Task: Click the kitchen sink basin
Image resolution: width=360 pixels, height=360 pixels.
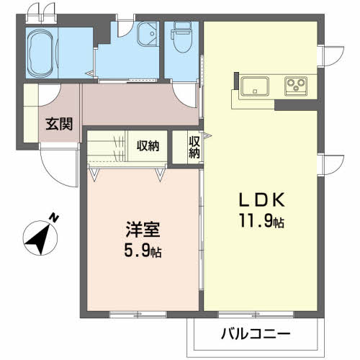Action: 256,86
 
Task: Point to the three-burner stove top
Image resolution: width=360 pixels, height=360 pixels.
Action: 296,86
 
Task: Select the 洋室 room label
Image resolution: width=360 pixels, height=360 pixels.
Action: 139,232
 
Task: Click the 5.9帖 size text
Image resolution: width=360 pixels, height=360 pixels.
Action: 140,253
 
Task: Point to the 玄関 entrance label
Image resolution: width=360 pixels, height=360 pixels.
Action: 59,124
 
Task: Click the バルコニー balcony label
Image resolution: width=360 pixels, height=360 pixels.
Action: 255,334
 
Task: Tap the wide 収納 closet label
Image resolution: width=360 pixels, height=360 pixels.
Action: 148,146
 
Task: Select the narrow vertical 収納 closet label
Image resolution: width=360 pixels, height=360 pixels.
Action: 194,147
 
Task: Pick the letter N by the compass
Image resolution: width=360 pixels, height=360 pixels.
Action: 55,217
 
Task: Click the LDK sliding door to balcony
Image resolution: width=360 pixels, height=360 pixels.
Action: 256,314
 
